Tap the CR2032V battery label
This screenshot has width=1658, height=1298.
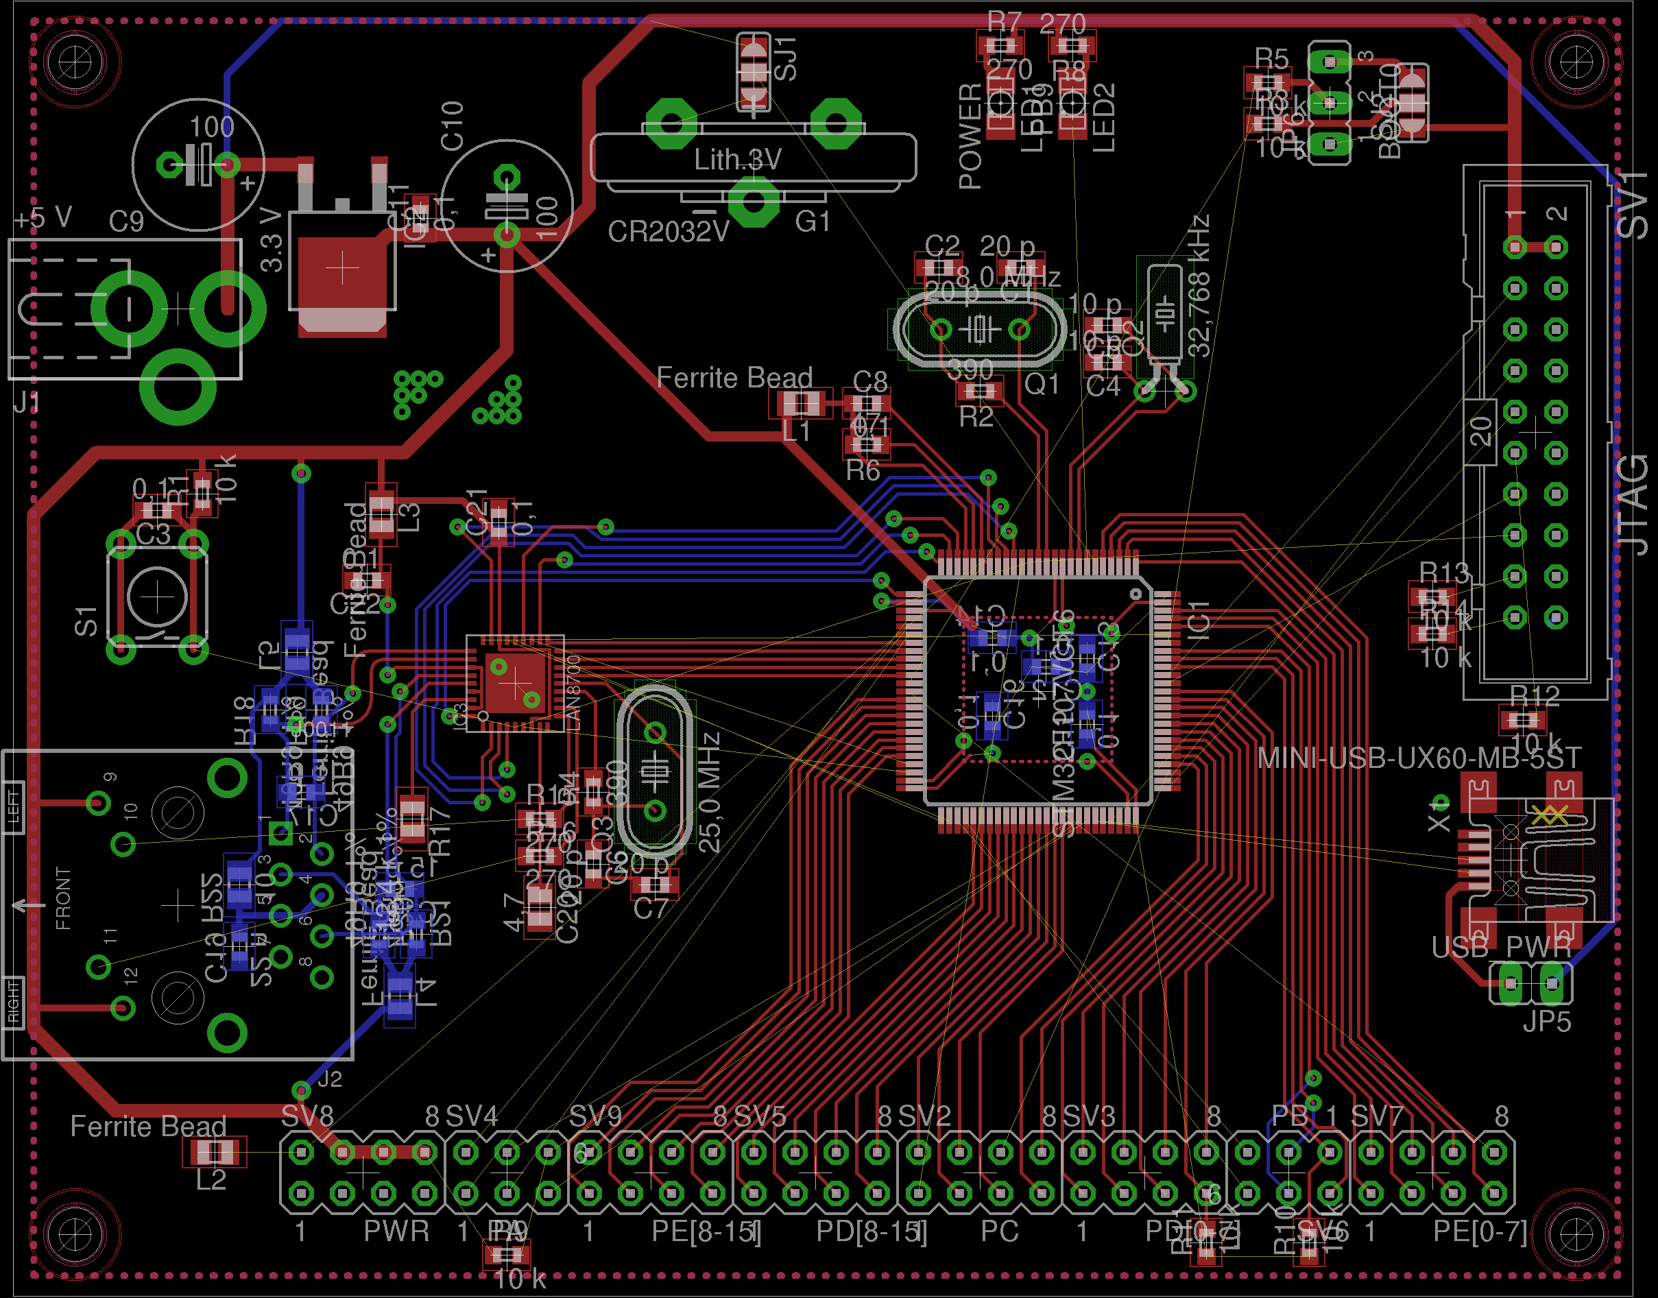(668, 231)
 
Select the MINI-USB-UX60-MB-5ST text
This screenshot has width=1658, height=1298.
(1419, 758)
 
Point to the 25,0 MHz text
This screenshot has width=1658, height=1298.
(709, 792)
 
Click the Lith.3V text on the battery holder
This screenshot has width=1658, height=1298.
(737, 160)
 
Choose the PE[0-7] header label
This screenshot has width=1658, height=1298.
(1480, 1231)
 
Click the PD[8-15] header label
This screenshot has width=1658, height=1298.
(871, 1231)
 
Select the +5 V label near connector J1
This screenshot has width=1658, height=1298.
(43, 219)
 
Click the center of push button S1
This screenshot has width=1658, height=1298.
(157, 597)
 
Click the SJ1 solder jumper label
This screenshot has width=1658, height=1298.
(785, 58)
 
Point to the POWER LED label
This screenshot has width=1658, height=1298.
(970, 136)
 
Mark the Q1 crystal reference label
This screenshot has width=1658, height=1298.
(1041, 385)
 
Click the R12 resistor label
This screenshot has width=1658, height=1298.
(1534, 695)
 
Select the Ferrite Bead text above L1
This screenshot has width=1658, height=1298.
(734, 378)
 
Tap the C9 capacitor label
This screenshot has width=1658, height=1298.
(126, 222)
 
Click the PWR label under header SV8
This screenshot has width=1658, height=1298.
(396, 1231)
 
